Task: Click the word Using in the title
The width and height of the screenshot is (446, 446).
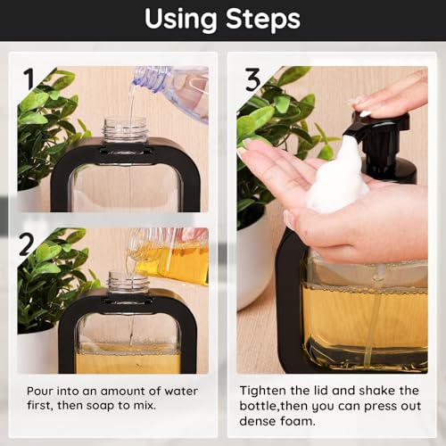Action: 183,19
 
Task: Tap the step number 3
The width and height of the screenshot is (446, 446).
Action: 254,81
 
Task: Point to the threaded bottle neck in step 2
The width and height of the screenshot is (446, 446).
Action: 125,285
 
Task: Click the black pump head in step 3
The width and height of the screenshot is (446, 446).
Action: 376,134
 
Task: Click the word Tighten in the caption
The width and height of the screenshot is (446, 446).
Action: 266,392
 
